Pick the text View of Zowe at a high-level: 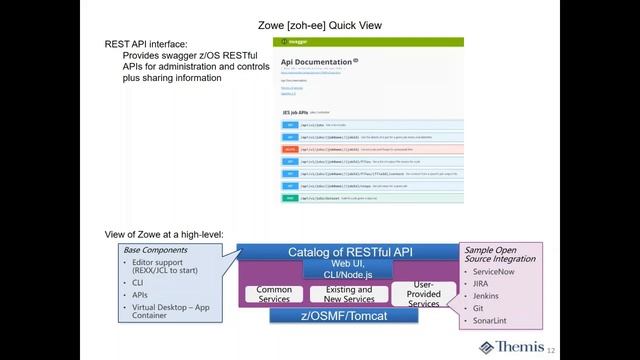click(165, 234)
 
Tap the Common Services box click(274, 294)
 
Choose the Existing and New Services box click(342, 294)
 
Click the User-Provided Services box click(423, 294)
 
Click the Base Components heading click(155, 249)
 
